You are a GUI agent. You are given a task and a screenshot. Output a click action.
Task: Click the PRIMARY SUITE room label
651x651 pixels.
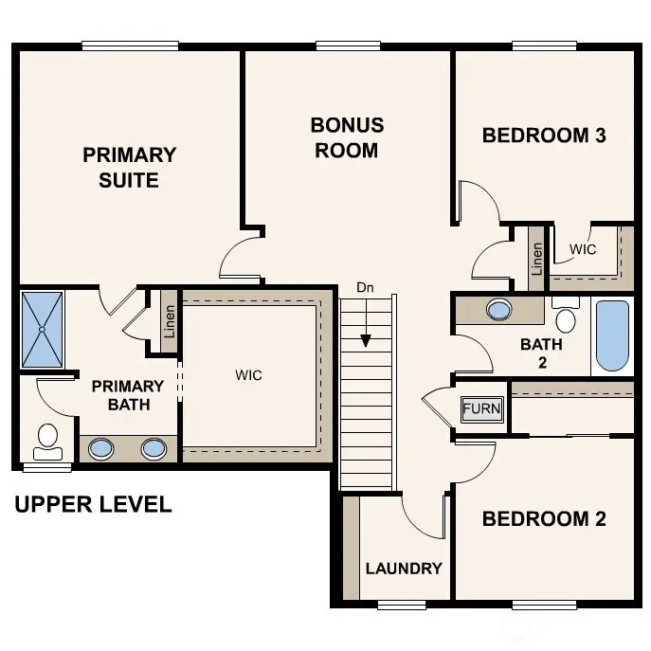click(129, 167)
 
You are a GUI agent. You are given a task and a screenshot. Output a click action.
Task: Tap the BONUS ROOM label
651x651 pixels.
click(347, 137)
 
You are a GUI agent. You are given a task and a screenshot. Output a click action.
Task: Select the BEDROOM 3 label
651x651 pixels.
click(544, 135)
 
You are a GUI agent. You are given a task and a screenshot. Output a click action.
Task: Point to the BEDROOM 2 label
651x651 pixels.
click(544, 518)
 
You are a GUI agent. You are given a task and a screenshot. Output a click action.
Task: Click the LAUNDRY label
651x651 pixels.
click(404, 569)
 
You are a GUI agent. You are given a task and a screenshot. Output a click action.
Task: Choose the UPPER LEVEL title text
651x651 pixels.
click(93, 504)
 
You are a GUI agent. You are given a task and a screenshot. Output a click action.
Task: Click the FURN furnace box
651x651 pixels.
click(481, 409)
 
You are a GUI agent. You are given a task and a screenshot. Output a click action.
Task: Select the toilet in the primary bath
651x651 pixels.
click(47, 438)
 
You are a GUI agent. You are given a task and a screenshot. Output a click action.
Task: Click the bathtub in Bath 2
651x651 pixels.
click(612, 335)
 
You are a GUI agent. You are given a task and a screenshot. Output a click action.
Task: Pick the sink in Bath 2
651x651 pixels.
click(498, 309)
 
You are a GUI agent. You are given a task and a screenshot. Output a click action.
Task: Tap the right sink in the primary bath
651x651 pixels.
click(154, 448)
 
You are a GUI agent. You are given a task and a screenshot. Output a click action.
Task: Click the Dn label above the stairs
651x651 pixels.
click(366, 286)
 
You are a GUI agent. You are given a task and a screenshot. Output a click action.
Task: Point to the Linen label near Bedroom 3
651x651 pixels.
click(536, 258)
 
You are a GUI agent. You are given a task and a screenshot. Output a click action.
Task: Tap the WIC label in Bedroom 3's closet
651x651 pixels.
click(583, 249)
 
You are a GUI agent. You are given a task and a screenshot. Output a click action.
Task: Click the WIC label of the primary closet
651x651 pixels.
click(248, 375)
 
